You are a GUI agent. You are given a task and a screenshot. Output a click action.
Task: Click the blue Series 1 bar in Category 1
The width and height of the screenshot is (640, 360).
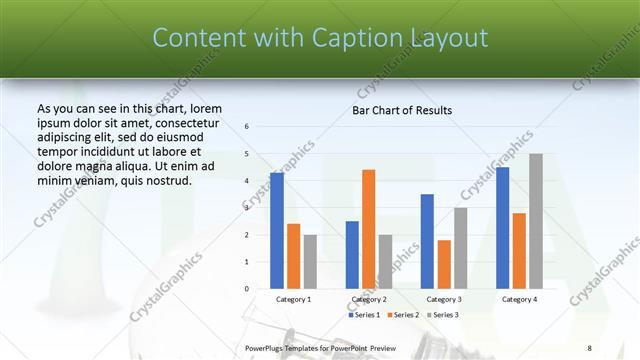277,231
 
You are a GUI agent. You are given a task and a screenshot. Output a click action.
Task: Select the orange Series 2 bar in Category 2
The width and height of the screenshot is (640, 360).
369,229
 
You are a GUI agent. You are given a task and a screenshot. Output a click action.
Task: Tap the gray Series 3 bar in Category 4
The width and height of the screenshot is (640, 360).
536,221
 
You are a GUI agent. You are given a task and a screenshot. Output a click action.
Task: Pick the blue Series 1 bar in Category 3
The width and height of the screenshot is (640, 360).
427,241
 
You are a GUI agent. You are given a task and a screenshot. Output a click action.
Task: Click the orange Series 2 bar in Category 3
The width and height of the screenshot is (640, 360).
444,264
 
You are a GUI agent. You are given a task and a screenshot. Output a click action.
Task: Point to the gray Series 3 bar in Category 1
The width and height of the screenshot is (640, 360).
310,261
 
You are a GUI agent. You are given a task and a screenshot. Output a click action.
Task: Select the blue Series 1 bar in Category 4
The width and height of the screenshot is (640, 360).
502,228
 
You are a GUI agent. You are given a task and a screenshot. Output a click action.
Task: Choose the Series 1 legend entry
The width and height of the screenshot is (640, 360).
365,315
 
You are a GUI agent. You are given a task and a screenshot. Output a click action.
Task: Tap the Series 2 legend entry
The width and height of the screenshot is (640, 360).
404,315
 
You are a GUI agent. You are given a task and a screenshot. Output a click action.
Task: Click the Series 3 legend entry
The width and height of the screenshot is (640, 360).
442,315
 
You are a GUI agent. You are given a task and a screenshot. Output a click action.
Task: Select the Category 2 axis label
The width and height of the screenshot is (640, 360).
369,299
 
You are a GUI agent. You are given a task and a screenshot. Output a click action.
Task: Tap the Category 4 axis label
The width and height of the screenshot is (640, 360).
519,299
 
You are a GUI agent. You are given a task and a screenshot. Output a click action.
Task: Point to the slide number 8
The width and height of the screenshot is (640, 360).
589,347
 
